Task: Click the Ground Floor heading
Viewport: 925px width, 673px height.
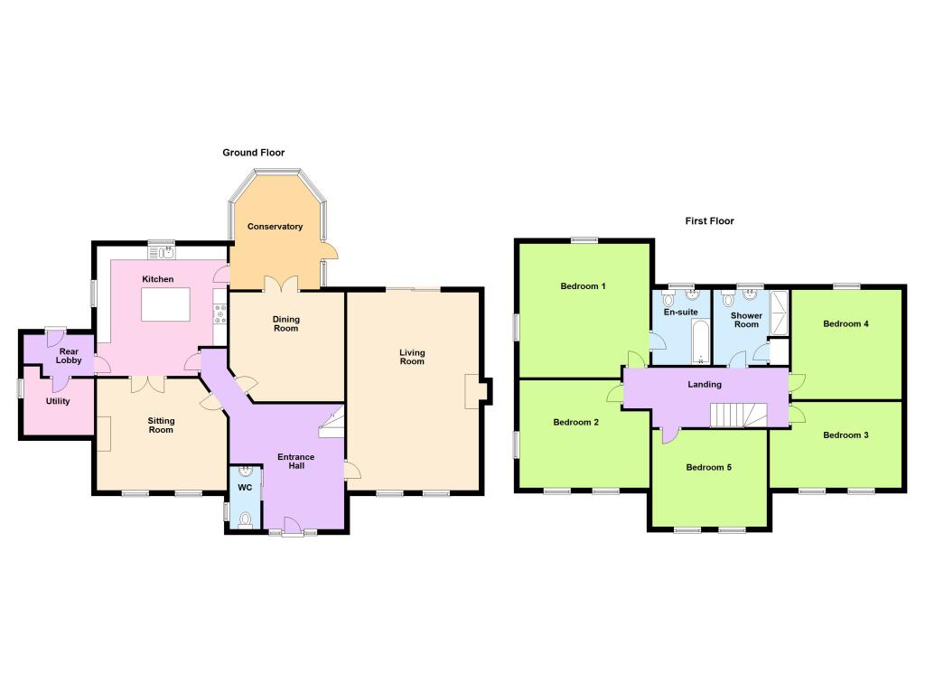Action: (254, 153)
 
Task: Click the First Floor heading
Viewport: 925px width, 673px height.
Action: (709, 221)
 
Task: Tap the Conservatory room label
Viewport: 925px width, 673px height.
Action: (275, 227)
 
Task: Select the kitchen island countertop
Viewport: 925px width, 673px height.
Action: (166, 304)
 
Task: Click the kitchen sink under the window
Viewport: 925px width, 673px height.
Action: (161, 253)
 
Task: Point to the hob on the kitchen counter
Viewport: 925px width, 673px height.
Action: (220, 313)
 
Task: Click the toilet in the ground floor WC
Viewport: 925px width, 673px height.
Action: (246, 519)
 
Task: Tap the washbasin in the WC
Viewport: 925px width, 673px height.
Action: (246, 472)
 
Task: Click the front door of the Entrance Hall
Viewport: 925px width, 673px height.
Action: (292, 526)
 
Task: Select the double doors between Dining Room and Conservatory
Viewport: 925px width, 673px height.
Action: (282, 285)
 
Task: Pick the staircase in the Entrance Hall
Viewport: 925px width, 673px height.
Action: (332, 422)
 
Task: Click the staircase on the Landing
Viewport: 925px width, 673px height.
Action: (739, 416)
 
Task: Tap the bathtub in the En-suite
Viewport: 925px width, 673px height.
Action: (700, 341)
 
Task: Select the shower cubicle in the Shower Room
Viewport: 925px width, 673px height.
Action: (780, 313)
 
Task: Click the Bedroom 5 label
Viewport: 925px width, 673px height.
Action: (708, 468)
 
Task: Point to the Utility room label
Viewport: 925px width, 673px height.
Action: (58, 401)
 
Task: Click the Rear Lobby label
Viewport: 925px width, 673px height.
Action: (69, 356)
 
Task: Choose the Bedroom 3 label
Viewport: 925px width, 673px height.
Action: (846, 435)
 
